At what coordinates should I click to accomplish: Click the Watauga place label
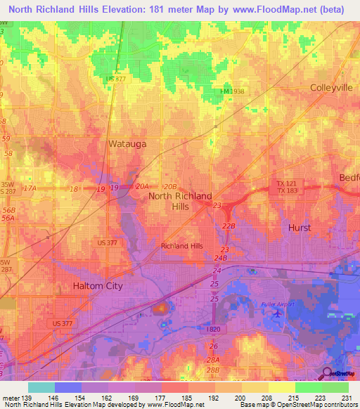coord(126,143)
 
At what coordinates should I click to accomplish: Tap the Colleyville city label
coord(330,88)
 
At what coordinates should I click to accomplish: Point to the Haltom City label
coord(98,286)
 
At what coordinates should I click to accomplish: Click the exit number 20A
coord(143,186)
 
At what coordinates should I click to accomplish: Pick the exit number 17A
coord(30,188)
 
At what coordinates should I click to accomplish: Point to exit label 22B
coord(228,226)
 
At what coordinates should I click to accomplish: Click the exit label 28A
coord(213,359)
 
